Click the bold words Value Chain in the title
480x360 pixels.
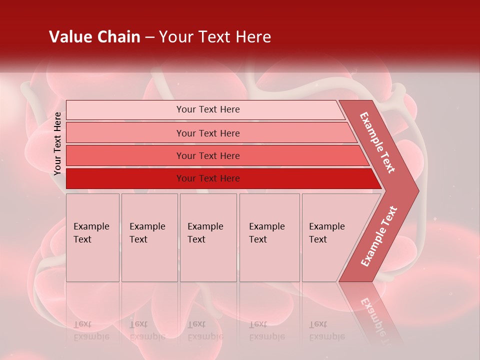point(94,37)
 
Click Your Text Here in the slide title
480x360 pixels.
point(215,37)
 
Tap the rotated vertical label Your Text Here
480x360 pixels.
point(57,143)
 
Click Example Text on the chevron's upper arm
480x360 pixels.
point(377,142)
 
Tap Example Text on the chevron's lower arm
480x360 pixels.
point(379,236)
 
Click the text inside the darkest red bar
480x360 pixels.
point(208,178)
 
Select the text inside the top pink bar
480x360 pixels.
point(208,109)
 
